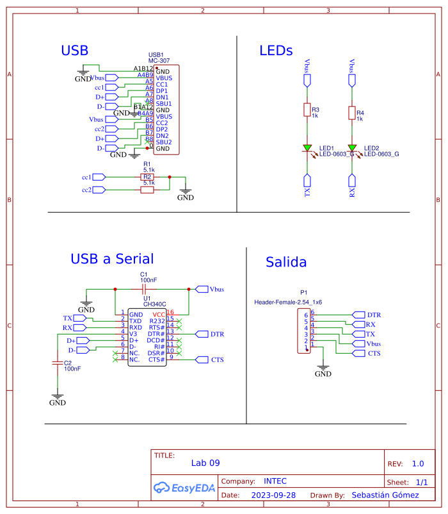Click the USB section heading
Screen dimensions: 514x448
coord(74,51)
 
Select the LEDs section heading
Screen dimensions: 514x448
coord(276,51)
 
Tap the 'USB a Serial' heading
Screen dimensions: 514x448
coord(112,259)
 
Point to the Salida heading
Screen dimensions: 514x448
coord(286,262)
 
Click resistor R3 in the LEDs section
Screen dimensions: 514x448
coord(307,111)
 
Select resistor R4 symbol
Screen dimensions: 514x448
coord(352,113)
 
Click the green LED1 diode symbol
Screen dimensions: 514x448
coord(307,149)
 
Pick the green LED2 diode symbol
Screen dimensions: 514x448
coord(352,149)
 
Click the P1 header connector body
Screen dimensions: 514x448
coord(303,331)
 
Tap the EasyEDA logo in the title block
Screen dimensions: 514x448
coord(184,488)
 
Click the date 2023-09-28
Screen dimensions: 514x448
coord(273,495)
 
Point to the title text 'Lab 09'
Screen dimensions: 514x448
coord(205,463)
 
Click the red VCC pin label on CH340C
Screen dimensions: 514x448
coord(159,314)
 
